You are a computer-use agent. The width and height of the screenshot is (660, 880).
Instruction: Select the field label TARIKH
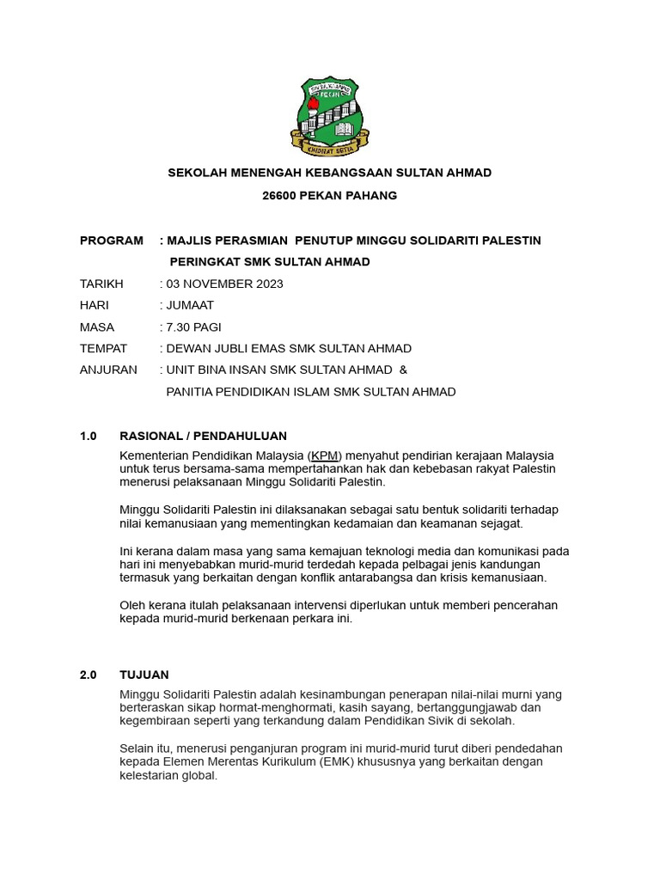click(101, 284)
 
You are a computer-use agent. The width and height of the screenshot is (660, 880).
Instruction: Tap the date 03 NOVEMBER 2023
click(224, 284)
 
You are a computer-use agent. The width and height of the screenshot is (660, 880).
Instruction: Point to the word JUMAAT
click(190, 305)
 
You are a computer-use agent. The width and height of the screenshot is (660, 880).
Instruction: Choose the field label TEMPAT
click(103, 349)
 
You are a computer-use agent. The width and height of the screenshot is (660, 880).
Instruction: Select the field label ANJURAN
click(107, 370)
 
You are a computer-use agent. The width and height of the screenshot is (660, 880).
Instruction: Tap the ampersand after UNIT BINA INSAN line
click(404, 370)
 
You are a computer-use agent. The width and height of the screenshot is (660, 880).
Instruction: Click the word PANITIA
click(193, 392)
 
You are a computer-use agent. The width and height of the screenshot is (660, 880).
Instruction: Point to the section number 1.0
click(89, 437)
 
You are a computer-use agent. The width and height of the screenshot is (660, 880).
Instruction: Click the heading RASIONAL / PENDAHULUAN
click(203, 437)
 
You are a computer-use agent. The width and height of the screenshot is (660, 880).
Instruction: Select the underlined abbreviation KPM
click(324, 455)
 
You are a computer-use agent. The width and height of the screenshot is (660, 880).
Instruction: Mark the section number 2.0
click(89, 675)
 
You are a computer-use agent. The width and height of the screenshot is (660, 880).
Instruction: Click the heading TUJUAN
click(144, 675)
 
